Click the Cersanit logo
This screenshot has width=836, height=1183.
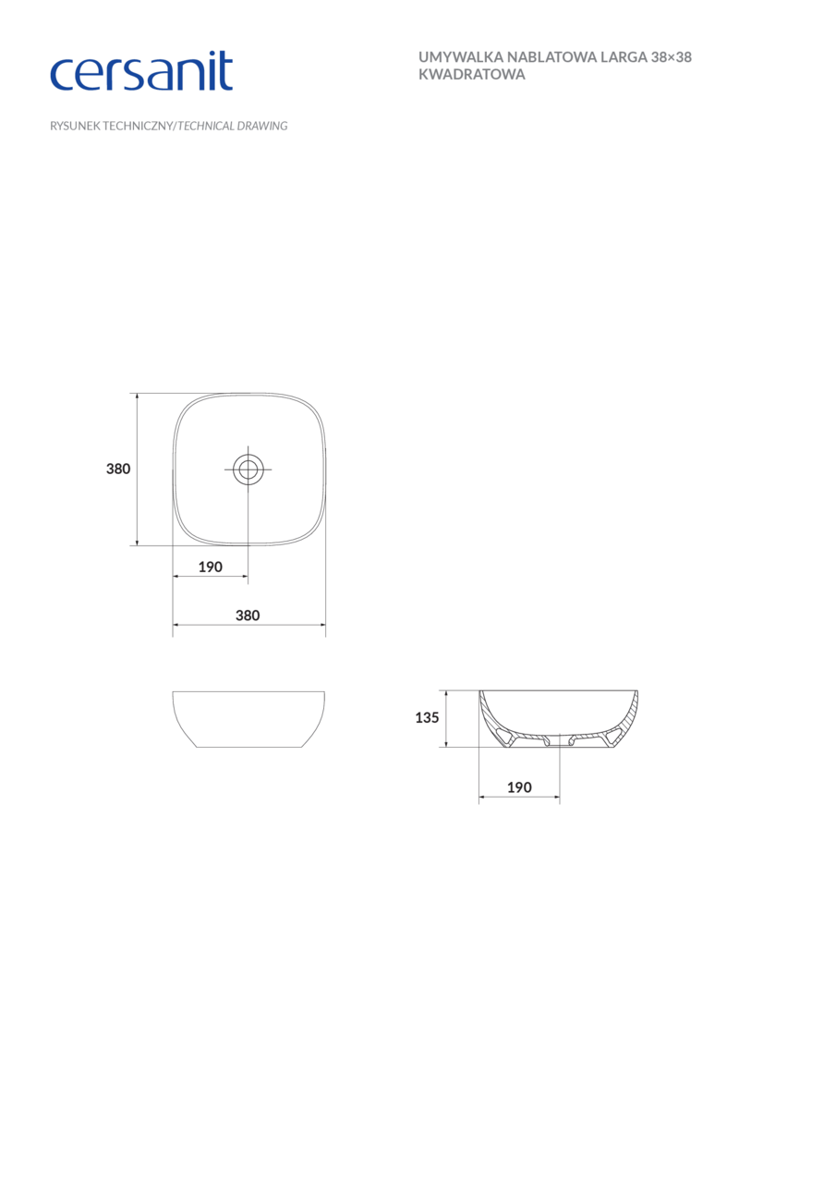tap(141, 71)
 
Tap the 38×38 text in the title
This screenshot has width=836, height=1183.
tap(672, 57)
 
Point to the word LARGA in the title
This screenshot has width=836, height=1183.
tap(624, 57)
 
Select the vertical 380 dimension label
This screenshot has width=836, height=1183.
tap(118, 469)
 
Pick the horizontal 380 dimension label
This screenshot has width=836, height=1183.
tap(248, 616)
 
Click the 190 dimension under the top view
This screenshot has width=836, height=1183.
tap(211, 567)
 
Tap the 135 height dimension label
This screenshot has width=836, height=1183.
tap(427, 717)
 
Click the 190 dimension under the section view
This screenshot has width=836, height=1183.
tap(519, 787)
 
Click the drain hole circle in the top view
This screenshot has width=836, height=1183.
tap(248, 470)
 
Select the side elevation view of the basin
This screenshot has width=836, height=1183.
tap(248, 718)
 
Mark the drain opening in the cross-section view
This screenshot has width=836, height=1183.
tap(559, 741)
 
